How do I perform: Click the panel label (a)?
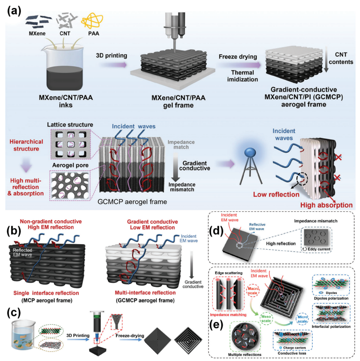(14, 11)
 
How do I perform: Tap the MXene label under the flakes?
(37, 33)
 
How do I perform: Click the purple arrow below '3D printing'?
(114, 65)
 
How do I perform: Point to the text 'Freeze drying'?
(238, 57)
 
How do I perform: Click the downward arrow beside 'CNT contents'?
(326, 60)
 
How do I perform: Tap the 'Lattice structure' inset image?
(71, 144)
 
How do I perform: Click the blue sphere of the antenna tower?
(250, 153)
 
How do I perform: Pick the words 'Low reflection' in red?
(276, 194)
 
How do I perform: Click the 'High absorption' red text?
(326, 205)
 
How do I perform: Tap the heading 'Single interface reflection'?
(46, 293)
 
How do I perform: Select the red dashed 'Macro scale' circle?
(252, 291)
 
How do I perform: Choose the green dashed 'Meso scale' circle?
(266, 319)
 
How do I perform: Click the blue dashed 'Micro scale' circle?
(302, 319)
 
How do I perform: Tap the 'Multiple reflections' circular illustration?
(245, 337)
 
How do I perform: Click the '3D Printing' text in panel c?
(78, 336)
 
